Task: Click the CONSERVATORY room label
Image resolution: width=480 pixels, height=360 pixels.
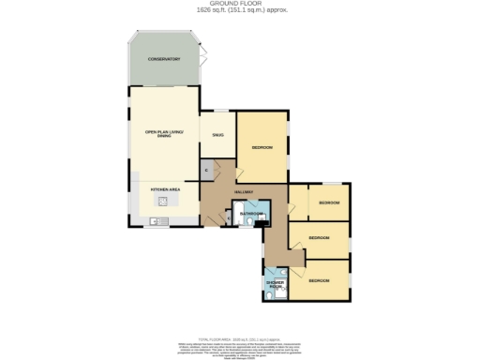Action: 163,60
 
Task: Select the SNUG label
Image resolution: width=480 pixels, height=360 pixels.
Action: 217,135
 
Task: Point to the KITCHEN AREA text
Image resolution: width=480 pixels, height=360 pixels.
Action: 165,188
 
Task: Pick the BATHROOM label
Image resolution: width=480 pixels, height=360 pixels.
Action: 249,214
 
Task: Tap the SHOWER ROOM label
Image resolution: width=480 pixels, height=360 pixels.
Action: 276,283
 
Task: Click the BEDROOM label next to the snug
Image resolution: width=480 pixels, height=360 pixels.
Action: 262,148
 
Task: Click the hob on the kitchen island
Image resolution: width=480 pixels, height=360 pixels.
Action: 162,201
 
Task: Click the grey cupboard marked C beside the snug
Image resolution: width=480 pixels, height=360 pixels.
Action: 206,170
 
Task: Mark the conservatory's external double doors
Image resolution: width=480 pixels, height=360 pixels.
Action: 202,60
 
